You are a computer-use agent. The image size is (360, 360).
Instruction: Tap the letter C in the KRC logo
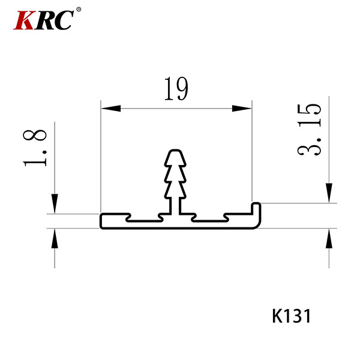coord(63,20)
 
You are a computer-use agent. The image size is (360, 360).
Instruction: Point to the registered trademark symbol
coord(79,10)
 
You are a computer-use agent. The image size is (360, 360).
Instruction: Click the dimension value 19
coord(176,89)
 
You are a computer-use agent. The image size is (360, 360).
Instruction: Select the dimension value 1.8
coord(35,148)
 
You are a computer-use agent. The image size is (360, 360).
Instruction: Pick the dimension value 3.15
coord(309,130)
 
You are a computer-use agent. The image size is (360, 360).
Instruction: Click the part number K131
coord(292,316)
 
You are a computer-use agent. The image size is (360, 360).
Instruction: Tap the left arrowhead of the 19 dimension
coord(110,109)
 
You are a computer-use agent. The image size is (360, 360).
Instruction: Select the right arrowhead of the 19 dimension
coord(242,109)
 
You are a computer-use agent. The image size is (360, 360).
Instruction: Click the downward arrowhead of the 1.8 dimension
coord(55,203)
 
